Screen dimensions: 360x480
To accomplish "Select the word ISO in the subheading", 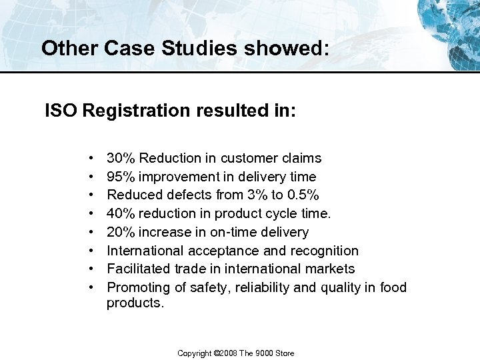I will point(62,110).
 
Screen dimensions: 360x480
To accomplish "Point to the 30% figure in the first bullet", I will point(121,159).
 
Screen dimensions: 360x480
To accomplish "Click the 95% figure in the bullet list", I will point(121,177).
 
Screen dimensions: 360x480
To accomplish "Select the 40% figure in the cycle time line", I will point(121,214).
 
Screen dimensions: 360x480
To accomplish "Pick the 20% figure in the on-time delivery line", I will point(121,232).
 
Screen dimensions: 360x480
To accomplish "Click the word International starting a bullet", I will point(145,251).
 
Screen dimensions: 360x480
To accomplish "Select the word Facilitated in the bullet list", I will point(137,269).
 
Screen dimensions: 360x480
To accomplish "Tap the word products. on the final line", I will point(135,303).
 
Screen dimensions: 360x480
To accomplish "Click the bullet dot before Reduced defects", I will point(90,195).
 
